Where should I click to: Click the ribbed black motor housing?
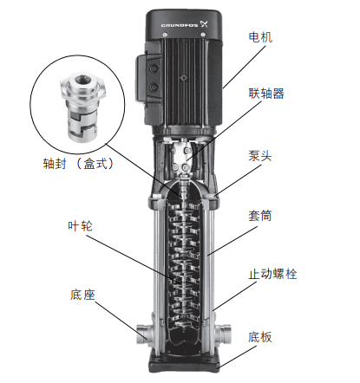[x=187, y=78]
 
